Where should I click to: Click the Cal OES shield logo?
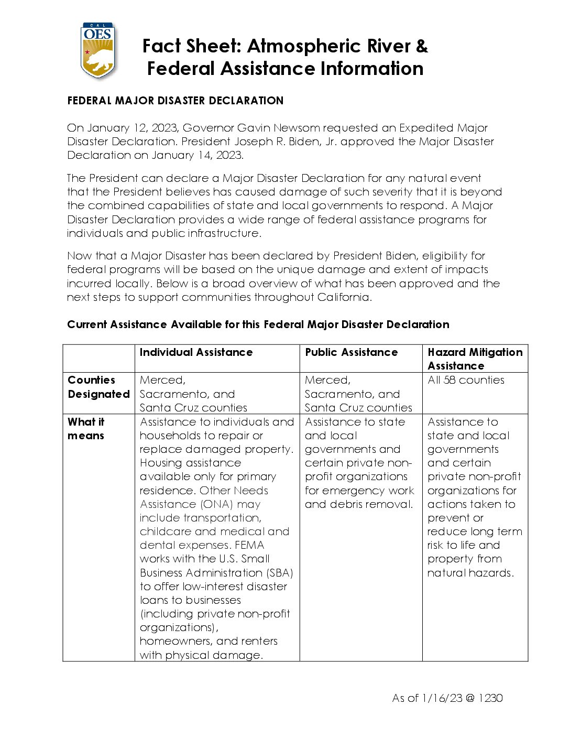click(98, 50)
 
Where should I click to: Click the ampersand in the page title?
click(422, 46)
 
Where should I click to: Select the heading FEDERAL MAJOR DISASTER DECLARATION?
click(175, 101)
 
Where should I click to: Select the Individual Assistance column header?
click(196, 352)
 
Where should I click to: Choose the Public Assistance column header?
click(351, 352)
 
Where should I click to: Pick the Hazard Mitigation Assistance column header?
click(475, 359)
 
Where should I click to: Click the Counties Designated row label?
click(98, 387)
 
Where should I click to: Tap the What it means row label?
click(86, 429)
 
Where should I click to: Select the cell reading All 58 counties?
click(466, 380)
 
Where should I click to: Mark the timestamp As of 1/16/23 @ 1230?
click(447, 698)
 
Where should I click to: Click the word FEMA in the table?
click(249, 545)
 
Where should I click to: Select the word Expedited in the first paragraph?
click(426, 128)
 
